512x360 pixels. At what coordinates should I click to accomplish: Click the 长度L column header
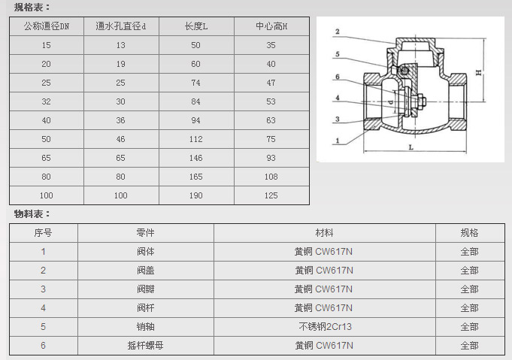[x=196, y=26]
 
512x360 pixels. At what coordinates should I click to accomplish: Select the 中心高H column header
[x=271, y=26]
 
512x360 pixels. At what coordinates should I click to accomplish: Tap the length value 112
[x=196, y=139]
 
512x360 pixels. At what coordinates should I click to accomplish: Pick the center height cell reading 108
[x=271, y=177]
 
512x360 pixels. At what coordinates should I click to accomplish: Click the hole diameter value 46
[x=120, y=139]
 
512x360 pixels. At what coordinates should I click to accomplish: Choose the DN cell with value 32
[x=46, y=101]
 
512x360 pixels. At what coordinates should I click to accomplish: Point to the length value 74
[x=196, y=83]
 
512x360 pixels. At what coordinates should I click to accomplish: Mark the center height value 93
[x=271, y=158]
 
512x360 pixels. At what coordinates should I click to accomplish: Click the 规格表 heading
[x=32, y=8]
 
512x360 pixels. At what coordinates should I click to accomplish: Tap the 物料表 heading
[x=32, y=214]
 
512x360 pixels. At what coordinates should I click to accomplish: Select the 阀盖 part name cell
[x=145, y=271]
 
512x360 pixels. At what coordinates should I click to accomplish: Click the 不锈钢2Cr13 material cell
[x=326, y=326]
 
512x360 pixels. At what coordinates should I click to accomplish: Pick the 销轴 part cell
[x=145, y=326]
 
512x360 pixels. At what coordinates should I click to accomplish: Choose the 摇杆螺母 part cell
[x=145, y=345]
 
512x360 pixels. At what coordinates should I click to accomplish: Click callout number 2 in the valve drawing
[x=338, y=32]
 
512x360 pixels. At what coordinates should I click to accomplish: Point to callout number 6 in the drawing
[x=338, y=77]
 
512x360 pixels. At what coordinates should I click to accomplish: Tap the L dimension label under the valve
[x=411, y=147]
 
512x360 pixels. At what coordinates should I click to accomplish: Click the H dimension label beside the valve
[x=479, y=72]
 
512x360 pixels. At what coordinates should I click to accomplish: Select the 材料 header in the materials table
[x=324, y=233]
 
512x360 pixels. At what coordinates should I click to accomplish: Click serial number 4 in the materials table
[x=43, y=308]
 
